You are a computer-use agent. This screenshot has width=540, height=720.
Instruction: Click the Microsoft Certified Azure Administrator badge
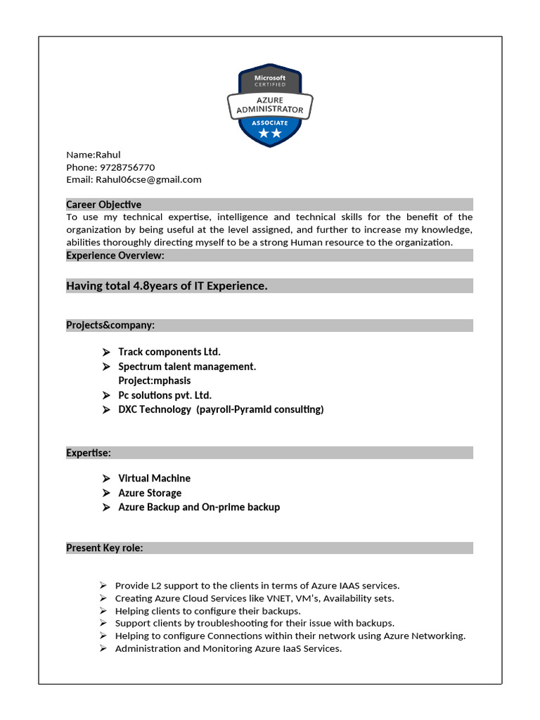coord(270,105)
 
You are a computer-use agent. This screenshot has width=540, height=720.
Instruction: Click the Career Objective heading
coord(103,205)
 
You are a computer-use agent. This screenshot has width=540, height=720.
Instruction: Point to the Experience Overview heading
coord(115,255)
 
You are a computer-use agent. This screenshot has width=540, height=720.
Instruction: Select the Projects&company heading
coord(110,325)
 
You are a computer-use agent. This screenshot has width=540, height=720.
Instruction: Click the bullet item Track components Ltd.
coord(169,352)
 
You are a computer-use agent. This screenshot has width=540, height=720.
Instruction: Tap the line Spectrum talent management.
coord(187,366)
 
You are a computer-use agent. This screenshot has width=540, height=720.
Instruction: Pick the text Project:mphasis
coord(154,380)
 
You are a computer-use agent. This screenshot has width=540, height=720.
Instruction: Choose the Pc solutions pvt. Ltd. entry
coord(165,395)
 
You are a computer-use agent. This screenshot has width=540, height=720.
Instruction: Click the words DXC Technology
coord(154,409)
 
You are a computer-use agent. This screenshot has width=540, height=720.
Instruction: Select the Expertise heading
coord(89,453)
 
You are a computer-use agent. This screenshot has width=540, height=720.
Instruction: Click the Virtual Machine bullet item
coord(154,478)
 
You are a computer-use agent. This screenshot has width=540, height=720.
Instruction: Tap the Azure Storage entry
coord(150,493)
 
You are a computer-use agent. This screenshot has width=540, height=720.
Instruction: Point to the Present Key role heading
coord(105,548)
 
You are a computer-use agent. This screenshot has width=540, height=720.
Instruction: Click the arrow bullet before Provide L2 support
coord(103,585)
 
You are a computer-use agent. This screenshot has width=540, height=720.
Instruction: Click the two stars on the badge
coord(270,133)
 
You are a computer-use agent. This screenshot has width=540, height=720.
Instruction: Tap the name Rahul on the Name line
coord(108,155)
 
